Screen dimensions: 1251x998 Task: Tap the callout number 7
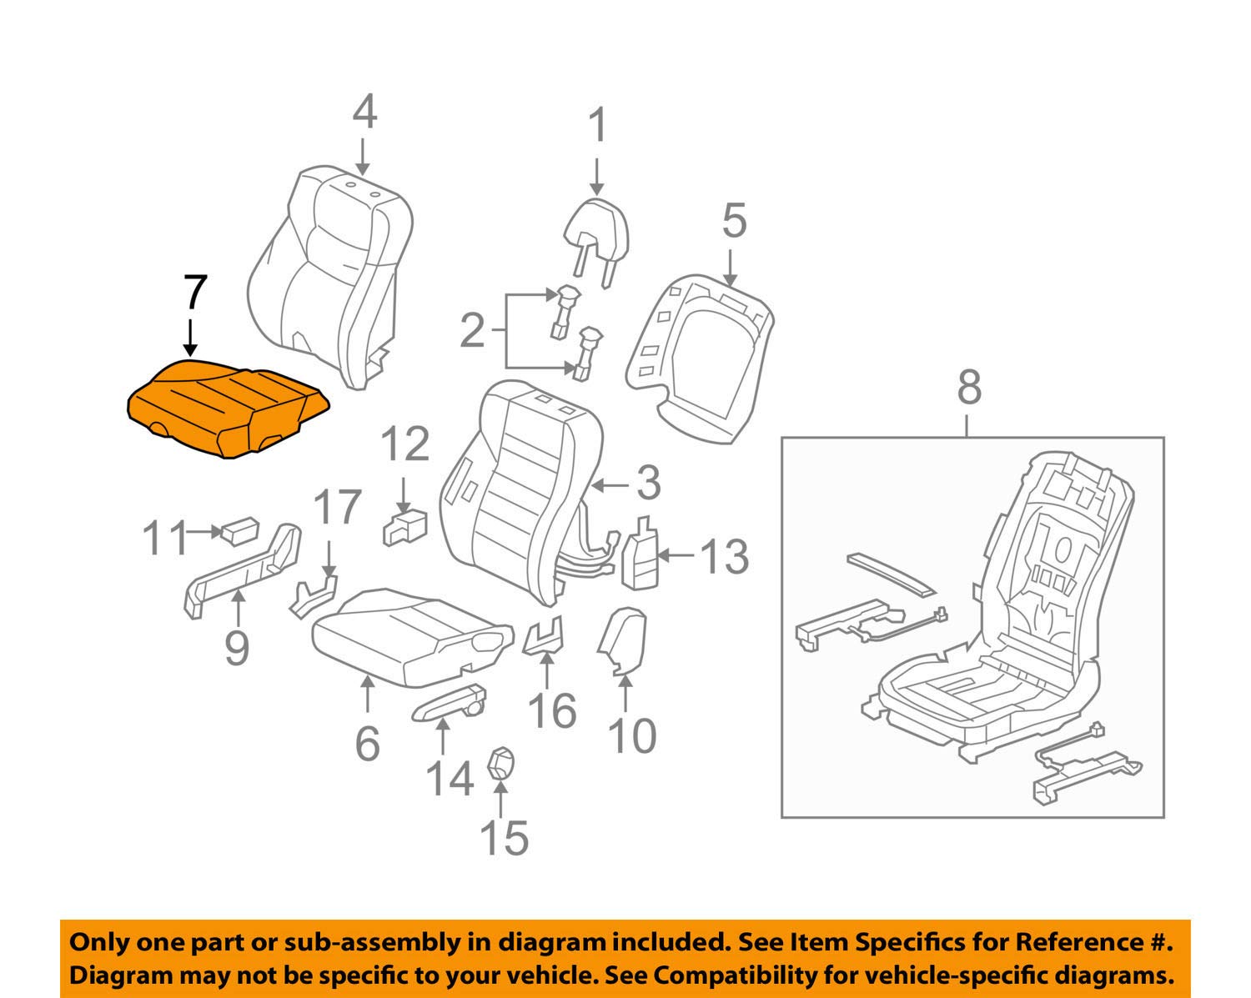(194, 294)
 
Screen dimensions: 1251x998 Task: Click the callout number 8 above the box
(969, 388)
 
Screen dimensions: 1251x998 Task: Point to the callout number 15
(504, 838)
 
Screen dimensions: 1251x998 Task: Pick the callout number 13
(722, 555)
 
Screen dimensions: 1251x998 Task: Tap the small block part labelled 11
(239, 529)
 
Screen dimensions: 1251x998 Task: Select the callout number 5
(734, 221)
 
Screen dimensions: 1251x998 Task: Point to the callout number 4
(364, 113)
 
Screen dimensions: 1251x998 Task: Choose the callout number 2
(472, 331)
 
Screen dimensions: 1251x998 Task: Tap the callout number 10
(632, 737)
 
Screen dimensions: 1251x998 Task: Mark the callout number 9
(238, 648)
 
